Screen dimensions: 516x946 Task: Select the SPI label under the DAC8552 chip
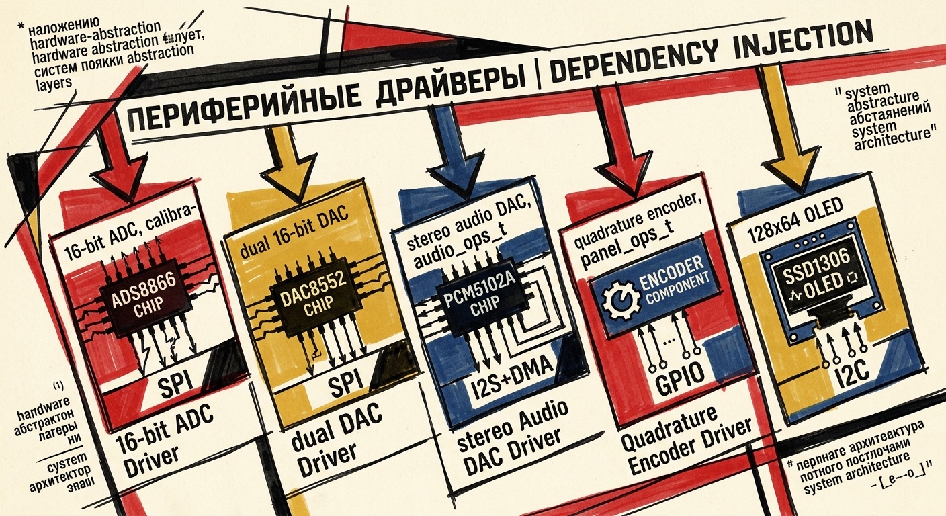(347, 382)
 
